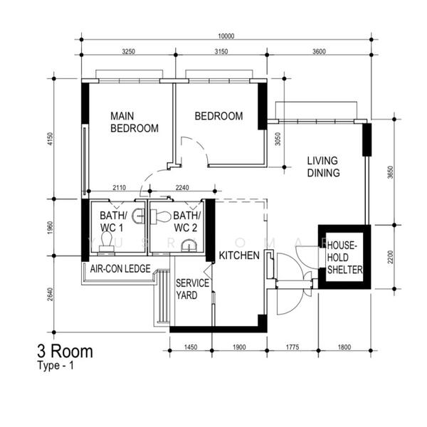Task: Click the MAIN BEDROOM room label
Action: click(x=135, y=122)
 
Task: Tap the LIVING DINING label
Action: click(x=324, y=167)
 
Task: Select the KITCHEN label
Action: click(x=239, y=255)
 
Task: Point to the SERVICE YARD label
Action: click(x=192, y=289)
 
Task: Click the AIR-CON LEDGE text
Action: click(x=120, y=269)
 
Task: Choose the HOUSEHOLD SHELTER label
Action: click(x=344, y=258)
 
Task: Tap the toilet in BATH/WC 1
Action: click(x=107, y=241)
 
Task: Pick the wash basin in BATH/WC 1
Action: click(x=138, y=216)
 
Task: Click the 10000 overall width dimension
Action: click(x=226, y=36)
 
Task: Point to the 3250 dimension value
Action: click(x=128, y=51)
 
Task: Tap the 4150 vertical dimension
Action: click(x=51, y=139)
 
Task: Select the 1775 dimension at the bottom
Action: click(x=292, y=347)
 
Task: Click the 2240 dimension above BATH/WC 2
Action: click(x=182, y=187)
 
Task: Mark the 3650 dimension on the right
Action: click(x=391, y=172)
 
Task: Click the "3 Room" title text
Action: click(x=65, y=352)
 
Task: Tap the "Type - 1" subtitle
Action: click(x=56, y=366)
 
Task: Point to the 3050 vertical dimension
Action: click(x=278, y=139)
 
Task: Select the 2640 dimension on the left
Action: click(x=51, y=294)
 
